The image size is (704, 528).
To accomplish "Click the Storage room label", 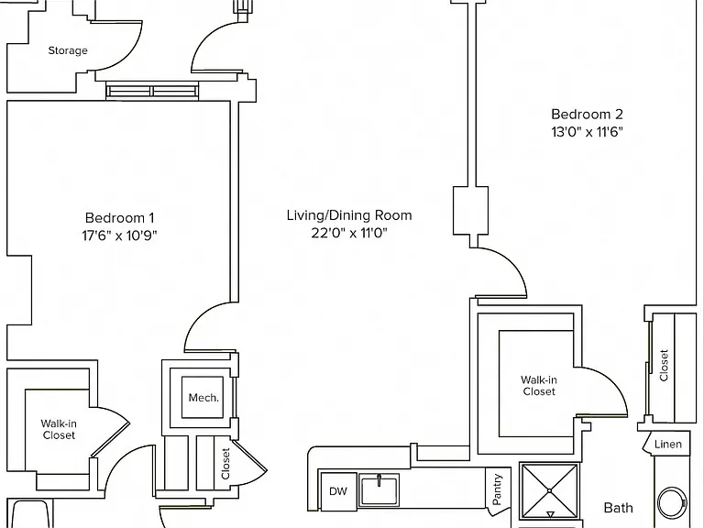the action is coord(68,50).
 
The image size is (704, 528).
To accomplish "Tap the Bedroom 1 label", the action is coord(119,218).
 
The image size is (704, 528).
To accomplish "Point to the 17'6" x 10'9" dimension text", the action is coord(119,236).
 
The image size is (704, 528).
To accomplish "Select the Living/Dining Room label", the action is coord(349,215).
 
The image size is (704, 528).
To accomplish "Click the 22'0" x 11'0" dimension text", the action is coord(349,233).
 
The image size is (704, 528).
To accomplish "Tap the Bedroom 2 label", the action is coord(587,115).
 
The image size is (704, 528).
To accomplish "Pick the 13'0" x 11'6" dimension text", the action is coord(587,132).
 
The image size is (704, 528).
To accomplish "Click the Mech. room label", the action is coord(203,398).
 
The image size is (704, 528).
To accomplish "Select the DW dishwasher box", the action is coord(338,490).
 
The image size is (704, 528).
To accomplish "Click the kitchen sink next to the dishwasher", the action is coord(379,490).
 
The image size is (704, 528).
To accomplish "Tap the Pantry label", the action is coord(497,489).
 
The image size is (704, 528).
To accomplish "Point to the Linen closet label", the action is coord(668,445).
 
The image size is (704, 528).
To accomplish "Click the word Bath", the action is coord(618,508).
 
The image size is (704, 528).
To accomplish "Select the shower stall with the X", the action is coord(550,491).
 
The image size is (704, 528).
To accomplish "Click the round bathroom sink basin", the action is coord(672,503).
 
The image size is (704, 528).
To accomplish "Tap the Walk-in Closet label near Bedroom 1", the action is coord(59,429).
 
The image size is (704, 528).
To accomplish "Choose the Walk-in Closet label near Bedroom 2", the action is coord(539,386).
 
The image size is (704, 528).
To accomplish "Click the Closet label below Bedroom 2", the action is coord(664,366).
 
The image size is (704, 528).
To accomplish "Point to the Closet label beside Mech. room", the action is coord(225,464).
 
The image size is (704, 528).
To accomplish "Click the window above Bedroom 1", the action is coord(153,91).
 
